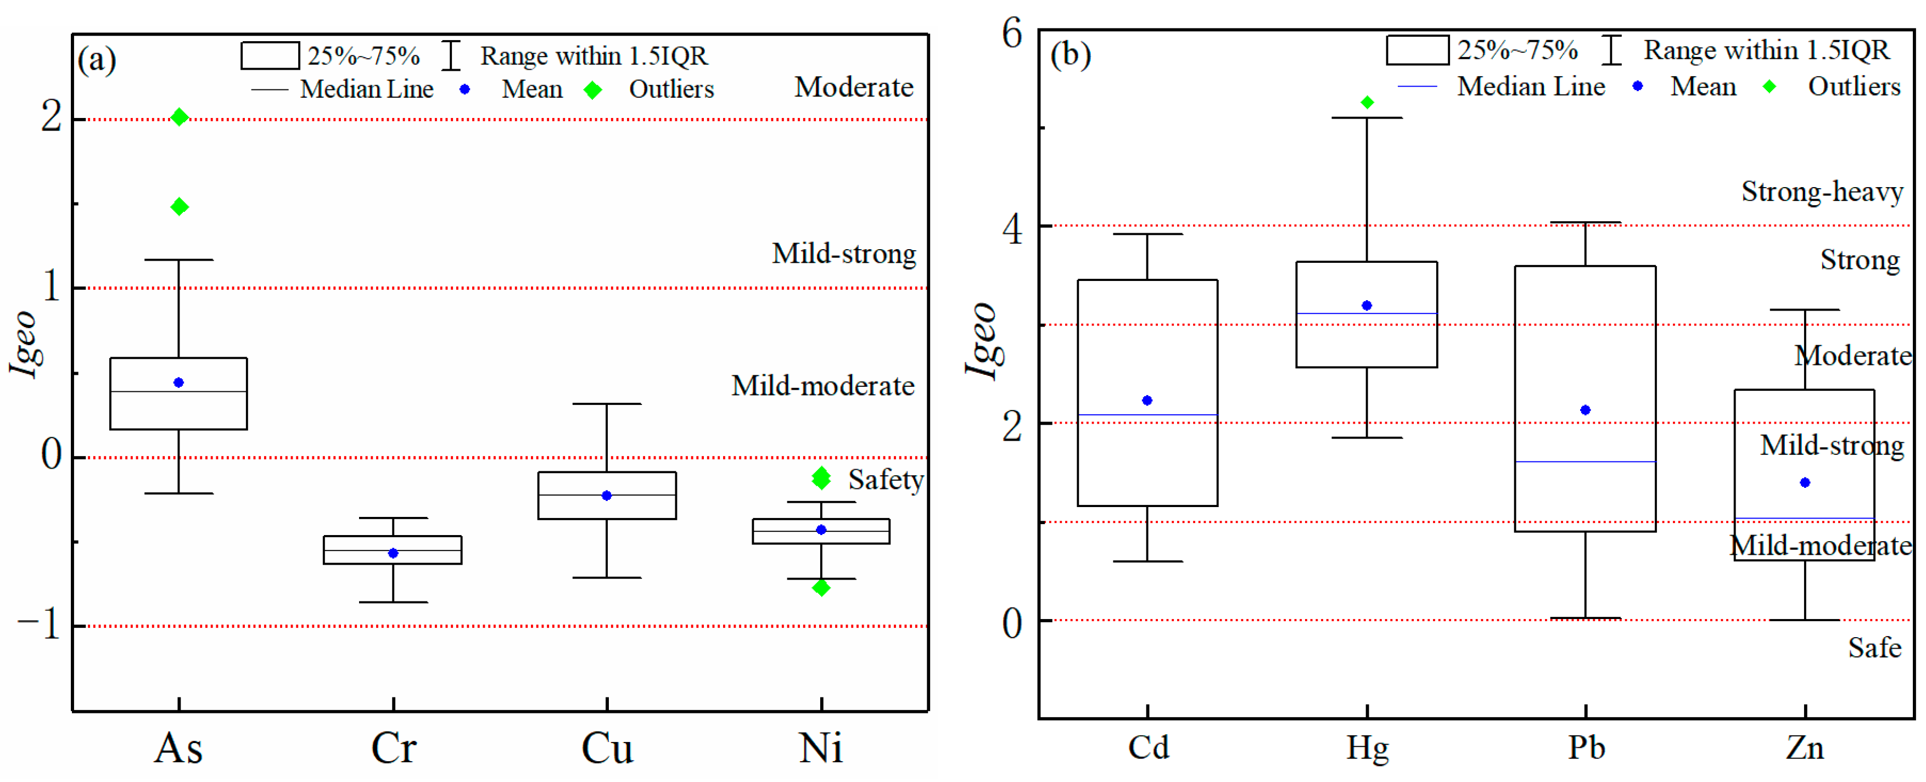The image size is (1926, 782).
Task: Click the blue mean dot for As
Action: [178, 383]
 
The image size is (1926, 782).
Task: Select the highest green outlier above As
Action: [180, 117]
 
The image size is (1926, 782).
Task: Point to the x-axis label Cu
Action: [607, 747]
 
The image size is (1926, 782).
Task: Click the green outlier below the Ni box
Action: [821, 588]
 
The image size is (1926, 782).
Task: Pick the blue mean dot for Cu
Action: [606, 496]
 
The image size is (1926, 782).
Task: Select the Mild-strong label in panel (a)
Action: [843, 254]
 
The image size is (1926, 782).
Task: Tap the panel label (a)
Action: [97, 59]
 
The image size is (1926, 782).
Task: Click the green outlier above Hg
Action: [1367, 103]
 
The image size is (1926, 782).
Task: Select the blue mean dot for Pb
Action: [1585, 410]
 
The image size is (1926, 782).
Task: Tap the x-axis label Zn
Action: [1804, 747]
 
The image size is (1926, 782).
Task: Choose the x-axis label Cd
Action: [1149, 747]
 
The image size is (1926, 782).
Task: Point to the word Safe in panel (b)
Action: [1874, 648]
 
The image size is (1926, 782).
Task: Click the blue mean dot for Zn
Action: [1805, 483]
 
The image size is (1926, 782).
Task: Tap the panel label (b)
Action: [1070, 54]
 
